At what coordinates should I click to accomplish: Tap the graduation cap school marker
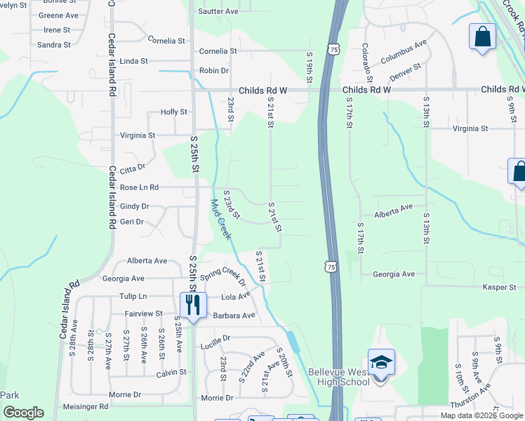coord(381,363)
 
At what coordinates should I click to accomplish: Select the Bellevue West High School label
coord(339,377)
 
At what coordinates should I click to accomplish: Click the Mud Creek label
coord(221,219)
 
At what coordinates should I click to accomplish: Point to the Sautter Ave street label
coord(218,11)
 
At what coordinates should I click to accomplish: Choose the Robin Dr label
coord(214,71)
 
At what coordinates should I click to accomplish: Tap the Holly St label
coord(174,112)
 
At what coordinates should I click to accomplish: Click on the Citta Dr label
coord(132,168)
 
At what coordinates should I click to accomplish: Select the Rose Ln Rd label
coord(139,187)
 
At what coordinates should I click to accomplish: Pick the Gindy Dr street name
coord(134,206)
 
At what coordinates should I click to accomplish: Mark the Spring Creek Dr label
coord(223,277)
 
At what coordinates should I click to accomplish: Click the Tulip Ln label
coord(133,296)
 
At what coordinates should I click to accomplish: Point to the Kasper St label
coord(499,288)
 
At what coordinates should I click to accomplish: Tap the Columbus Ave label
coord(404,53)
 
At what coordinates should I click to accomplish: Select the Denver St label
coord(405,71)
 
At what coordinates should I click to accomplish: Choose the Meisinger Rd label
coord(84,406)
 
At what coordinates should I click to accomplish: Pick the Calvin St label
coord(171,372)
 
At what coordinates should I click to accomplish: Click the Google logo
coord(23,413)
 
